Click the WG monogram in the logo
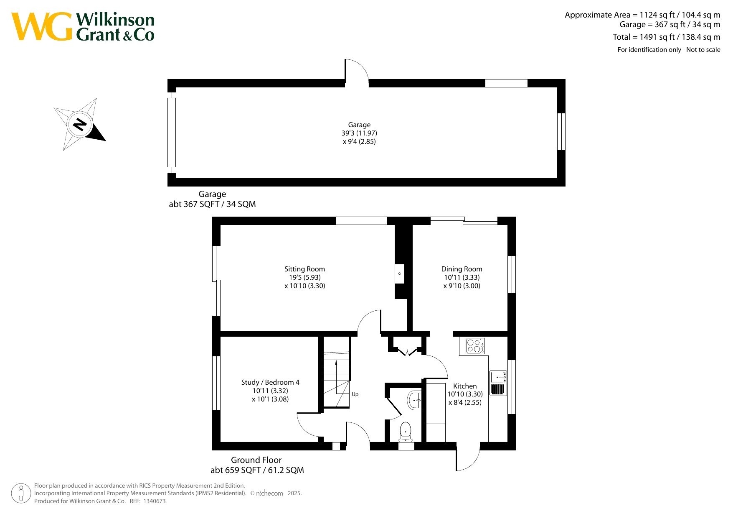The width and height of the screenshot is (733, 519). click(x=41, y=26)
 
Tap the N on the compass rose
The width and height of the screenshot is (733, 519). click(x=79, y=125)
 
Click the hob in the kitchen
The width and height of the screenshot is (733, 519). click(x=475, y=346)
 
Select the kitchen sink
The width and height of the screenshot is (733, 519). click(x=498, y=383)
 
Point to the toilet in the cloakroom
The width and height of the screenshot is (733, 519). click(x=406, y=432)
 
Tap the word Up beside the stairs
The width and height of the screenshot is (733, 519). click(x=355, y=394)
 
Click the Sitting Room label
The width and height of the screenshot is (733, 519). click(x=304, y=269)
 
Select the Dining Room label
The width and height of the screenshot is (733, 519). click(x=462, y=269)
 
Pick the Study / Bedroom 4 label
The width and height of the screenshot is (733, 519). click(x=270, y=383)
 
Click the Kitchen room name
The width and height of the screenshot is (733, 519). click(x=465, y=386)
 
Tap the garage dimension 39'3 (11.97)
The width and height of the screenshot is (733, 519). click(x=359, y=133)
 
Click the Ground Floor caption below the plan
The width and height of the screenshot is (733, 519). click(x=256, y=460)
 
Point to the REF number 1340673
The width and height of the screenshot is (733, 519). click(x=155, y=501)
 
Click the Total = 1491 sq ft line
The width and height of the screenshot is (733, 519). click(x=667, y=37)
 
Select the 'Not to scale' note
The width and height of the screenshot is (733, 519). click(x=703, y=50)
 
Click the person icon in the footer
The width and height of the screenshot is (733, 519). click(x=21, y=493)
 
